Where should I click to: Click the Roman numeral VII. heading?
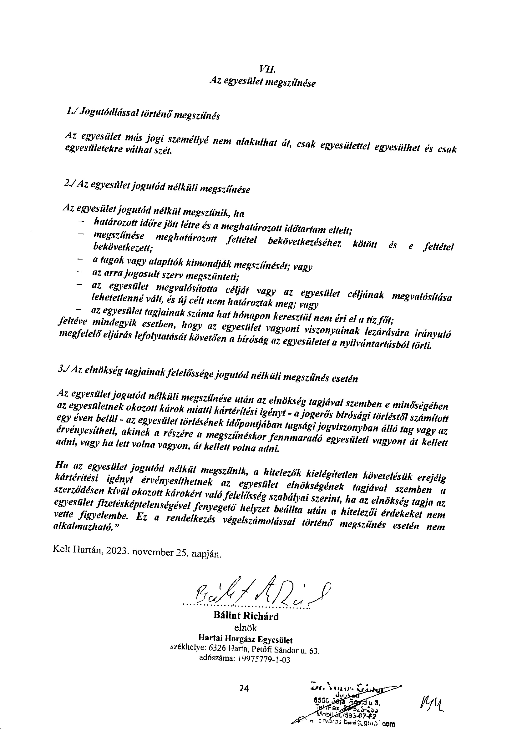265,68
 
